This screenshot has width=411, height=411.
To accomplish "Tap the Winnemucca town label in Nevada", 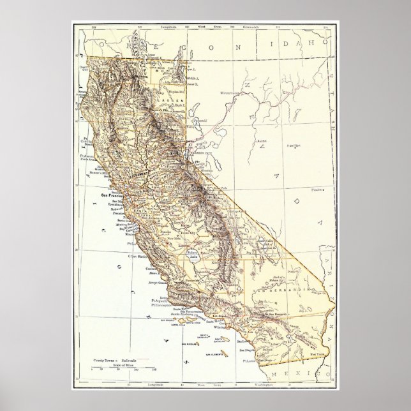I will pos(232,93).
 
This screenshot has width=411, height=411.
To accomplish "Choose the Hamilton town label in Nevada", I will pos(294,146).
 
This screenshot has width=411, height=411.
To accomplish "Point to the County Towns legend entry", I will pos(105,359).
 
